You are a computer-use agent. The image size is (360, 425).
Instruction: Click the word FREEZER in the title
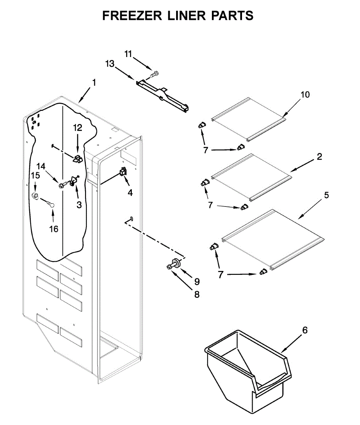pos(132,16)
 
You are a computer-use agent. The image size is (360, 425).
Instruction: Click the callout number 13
pos(110,64)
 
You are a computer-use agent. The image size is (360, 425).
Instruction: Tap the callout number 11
pos(128,54)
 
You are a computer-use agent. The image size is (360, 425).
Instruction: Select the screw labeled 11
pos(154,74)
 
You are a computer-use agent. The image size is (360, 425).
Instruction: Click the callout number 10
pos(305,95)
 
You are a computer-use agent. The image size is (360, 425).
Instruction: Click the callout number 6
pos(304,330)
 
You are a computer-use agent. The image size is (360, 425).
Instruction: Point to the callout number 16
pos(54,229)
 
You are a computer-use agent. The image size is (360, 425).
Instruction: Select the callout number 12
pos(78,128)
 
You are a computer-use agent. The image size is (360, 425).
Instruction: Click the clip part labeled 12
pos(78,158)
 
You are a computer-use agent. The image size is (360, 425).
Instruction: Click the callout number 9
pos(197,282)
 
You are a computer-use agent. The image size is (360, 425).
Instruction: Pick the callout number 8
pos(197,294)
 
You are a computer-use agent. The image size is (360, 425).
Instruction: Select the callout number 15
pos(35,175)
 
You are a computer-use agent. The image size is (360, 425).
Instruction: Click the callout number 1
pos(94,82)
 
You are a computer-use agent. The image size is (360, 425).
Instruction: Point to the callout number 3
pos(79,204)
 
